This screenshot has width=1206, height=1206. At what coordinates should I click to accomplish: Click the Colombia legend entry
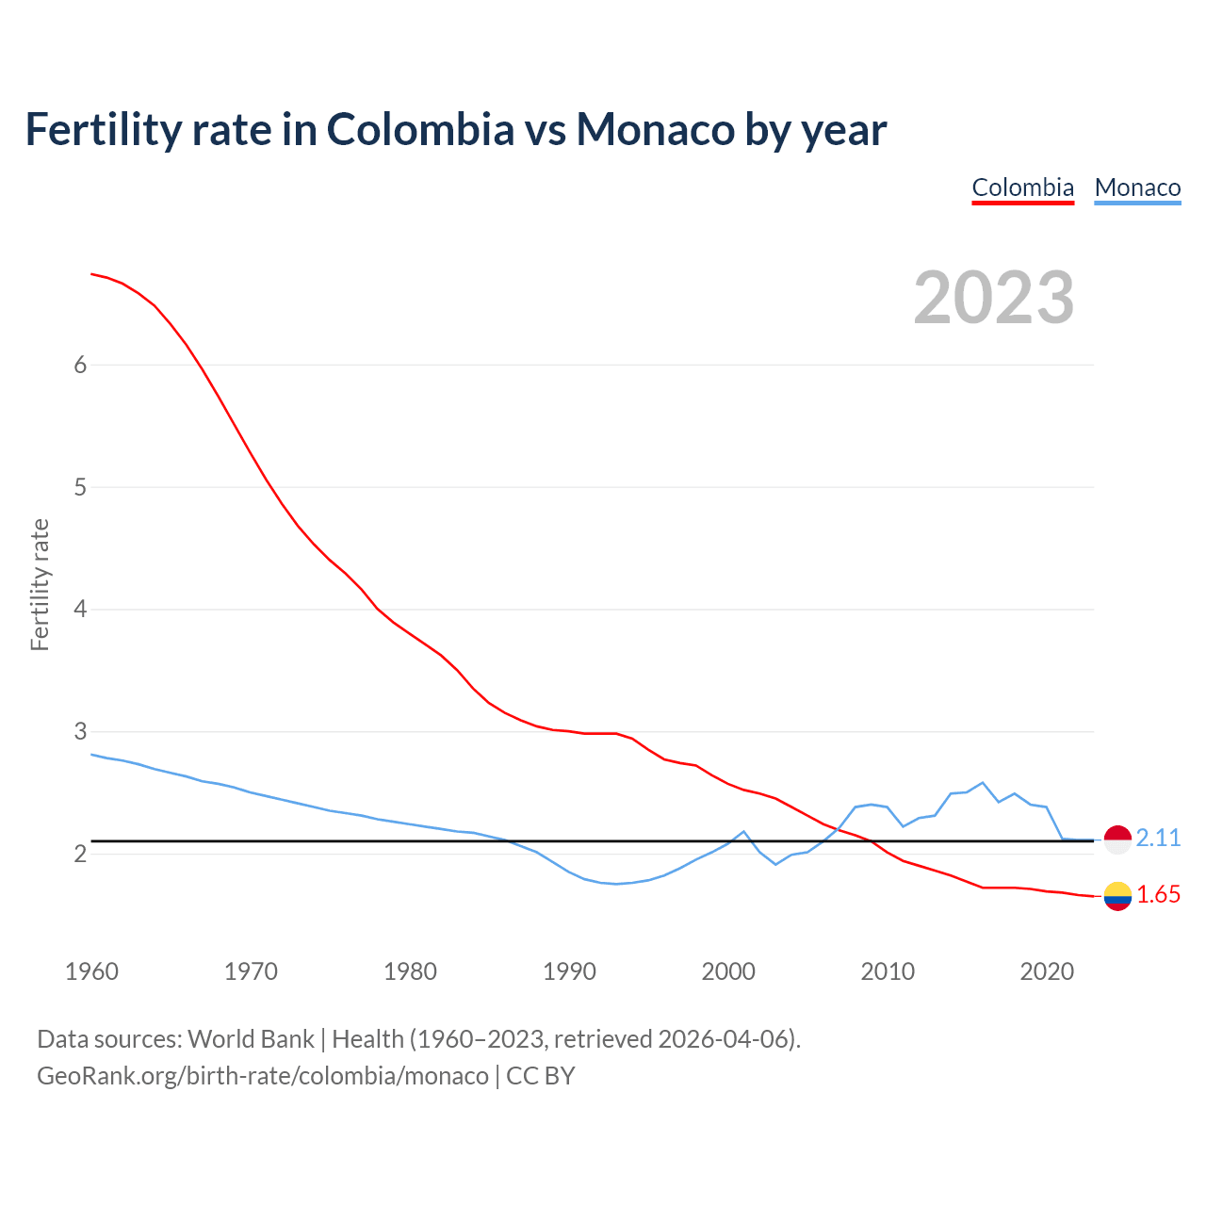pos(1022,187)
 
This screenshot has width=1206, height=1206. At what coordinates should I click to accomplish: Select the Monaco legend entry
pos(1137,187)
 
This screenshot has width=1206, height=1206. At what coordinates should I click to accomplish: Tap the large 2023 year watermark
pos(993,298)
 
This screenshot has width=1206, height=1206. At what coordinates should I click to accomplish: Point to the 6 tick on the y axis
pos(80,366)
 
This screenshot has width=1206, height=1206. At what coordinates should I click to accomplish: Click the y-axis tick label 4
pos(80,610)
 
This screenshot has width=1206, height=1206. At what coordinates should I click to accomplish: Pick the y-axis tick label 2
pos(80,854)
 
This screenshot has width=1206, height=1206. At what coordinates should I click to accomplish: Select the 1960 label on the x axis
pos(91,971)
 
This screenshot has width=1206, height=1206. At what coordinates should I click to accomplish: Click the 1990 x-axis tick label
pos(569,971)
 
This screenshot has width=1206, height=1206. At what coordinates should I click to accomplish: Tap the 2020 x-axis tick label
pos(1047,971)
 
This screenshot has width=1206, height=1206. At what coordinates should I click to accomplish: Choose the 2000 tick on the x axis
pos(728,971)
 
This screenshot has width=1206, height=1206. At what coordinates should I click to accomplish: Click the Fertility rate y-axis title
pos(40,584)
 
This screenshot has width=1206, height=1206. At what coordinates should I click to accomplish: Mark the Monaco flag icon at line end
pos(1116,839)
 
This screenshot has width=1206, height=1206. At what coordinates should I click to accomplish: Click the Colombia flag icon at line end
pos(1116,895)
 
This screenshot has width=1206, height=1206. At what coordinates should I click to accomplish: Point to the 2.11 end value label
pos(1158,838)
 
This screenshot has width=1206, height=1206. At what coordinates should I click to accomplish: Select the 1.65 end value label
pos(1158,894)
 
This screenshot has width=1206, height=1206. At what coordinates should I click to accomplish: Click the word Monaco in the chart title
pos(655,129)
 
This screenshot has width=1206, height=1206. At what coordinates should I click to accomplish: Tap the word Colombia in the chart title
pos(420,129)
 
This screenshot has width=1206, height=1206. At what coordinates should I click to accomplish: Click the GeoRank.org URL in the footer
pos(262,1075)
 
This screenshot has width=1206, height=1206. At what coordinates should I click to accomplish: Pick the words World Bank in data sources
pos(251,1038)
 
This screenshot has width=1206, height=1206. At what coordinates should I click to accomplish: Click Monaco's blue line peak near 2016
pos(983,783)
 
